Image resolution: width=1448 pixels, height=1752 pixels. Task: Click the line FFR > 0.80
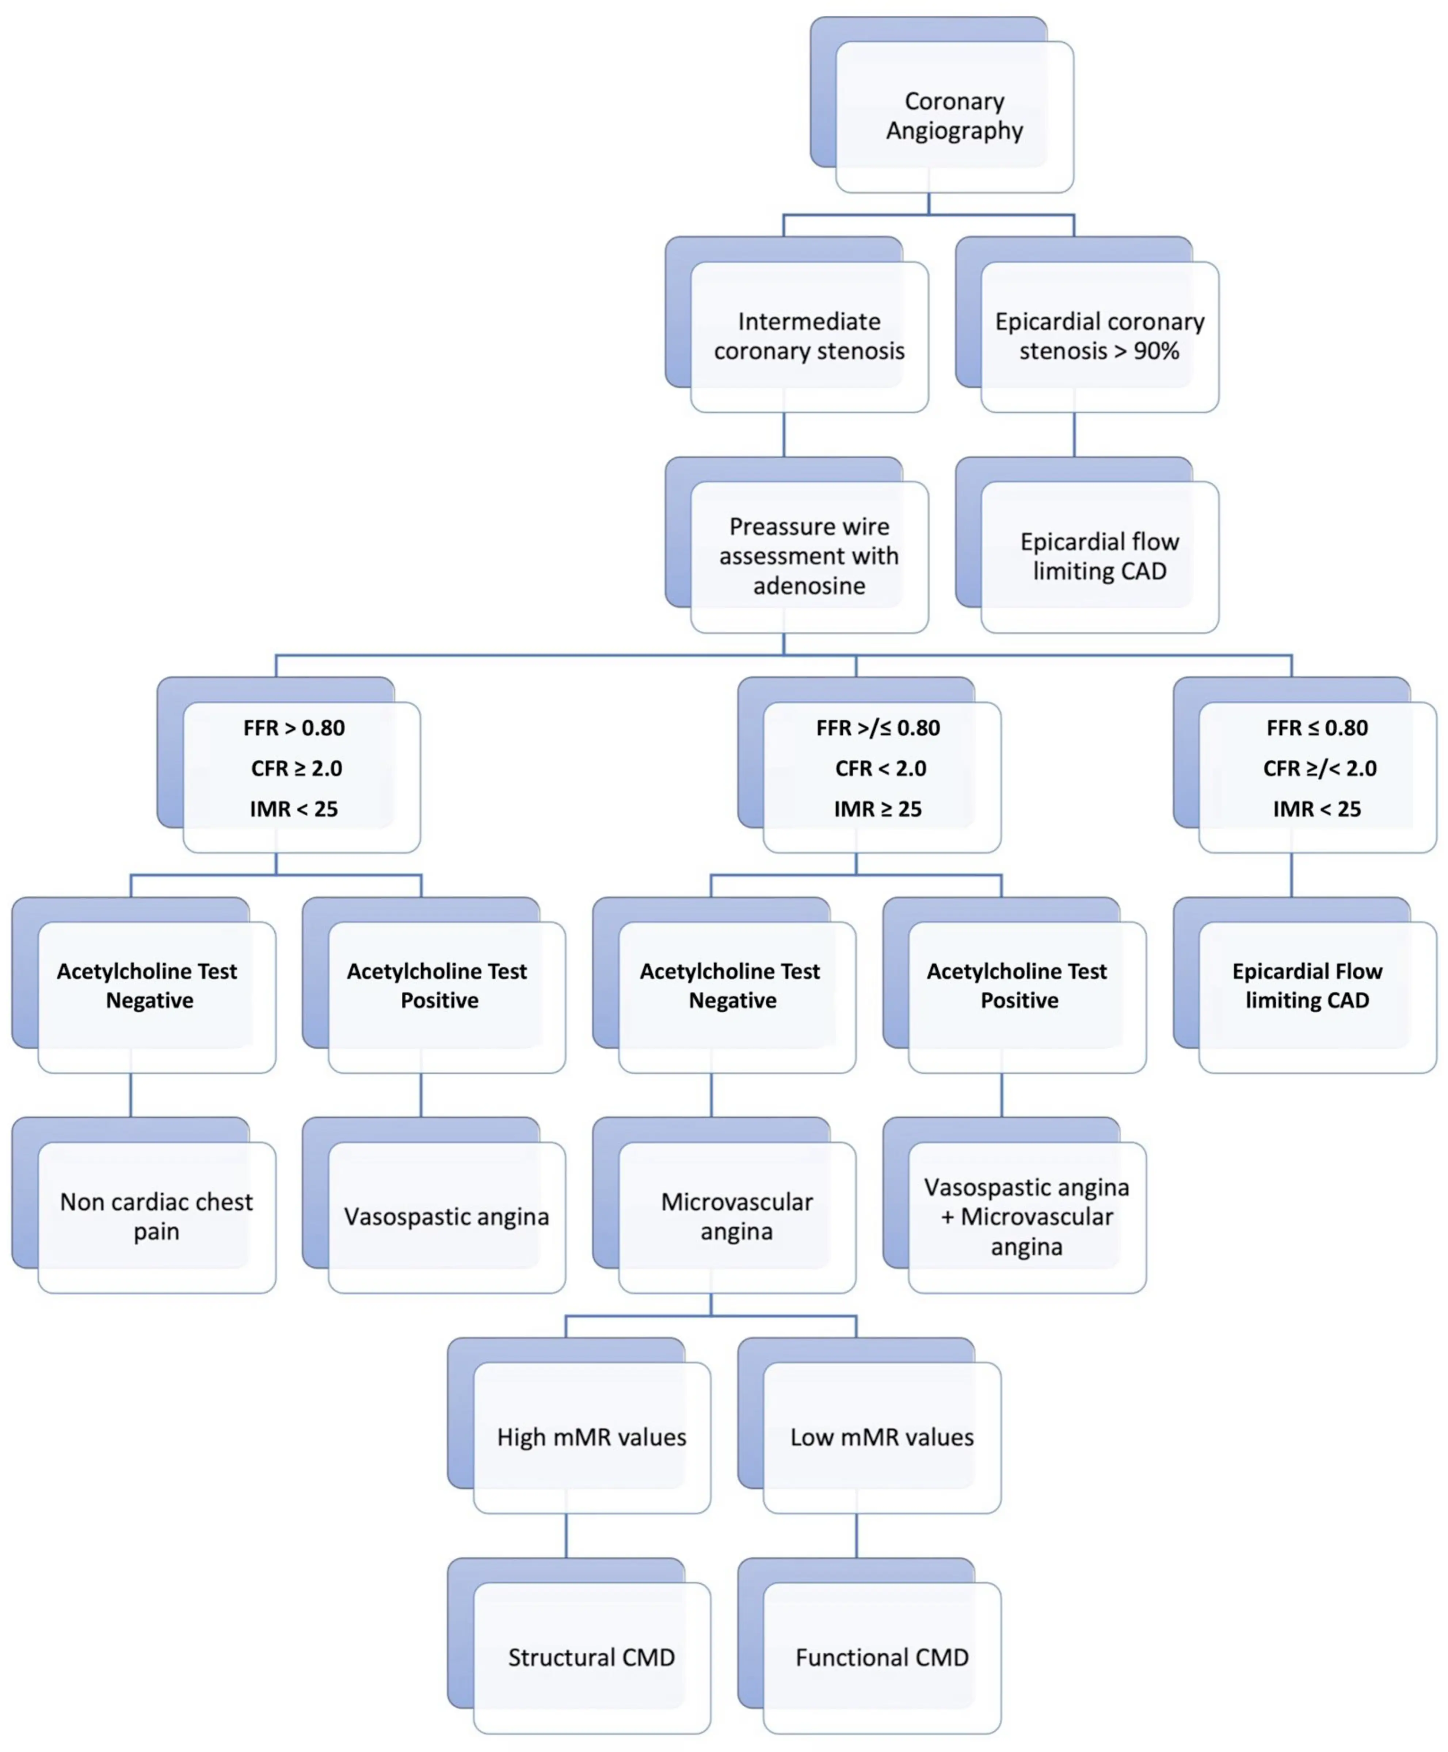pos(294,728)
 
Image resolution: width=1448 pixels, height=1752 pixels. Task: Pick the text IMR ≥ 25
pos(877,809)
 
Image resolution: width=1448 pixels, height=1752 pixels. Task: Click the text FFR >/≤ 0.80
pos(877,728)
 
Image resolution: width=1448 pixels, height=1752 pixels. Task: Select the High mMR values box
pos(591,1437)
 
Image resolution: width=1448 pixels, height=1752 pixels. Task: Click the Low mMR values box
pos(882,1437)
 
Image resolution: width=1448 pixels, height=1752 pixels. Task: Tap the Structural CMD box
pos(591,1657)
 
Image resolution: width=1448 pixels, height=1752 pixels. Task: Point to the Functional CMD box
pos(882,1657)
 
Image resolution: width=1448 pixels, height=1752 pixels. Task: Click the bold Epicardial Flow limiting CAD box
pos(1307,986)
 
